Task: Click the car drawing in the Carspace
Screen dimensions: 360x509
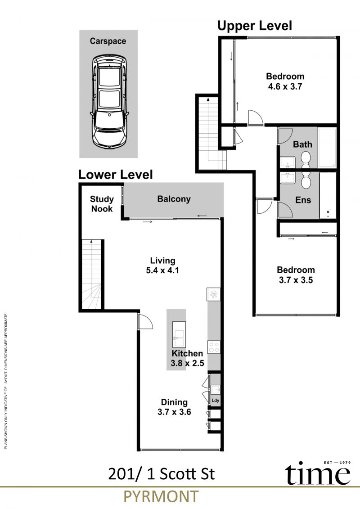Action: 108,102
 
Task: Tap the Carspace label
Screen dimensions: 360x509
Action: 108,41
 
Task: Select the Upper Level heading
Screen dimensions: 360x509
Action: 255,26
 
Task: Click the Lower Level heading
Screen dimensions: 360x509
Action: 116,175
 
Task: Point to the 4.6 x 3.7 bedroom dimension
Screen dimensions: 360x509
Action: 285,87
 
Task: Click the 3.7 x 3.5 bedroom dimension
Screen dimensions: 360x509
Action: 296,280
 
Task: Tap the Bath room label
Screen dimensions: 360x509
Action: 302,144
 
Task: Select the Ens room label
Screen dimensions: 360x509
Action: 303,200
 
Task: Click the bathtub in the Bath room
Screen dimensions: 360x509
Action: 327,148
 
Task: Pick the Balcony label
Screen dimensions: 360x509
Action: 174,199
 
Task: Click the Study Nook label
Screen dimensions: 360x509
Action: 102,204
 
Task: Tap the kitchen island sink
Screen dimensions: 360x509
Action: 179,334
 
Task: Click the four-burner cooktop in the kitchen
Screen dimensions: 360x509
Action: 214,347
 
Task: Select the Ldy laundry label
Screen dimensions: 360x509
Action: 215,401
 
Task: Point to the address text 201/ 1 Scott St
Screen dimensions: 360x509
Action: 162,474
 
